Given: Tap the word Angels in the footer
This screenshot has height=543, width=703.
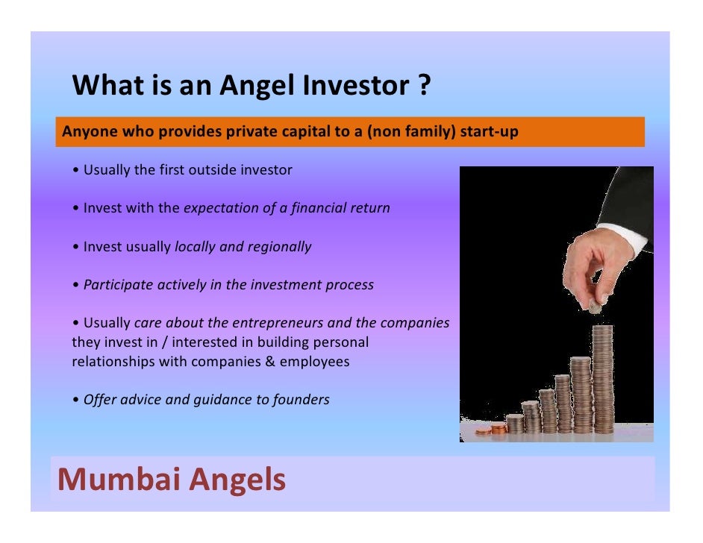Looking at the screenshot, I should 237,480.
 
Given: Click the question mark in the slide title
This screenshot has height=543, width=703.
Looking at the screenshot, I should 422,87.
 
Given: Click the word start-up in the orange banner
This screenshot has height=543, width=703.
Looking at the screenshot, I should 489,132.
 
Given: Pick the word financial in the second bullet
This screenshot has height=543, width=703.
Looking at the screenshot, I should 310,208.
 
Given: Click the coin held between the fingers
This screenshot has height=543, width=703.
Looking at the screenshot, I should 596,307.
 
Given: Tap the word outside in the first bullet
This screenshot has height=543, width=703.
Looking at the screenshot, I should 211,170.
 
